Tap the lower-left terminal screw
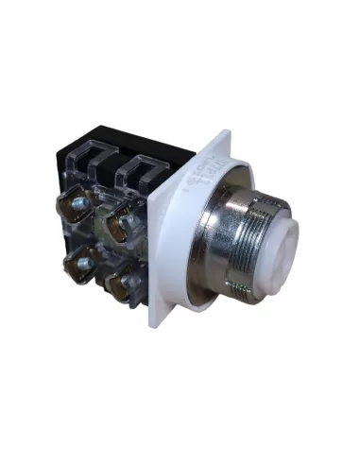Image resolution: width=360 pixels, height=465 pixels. (84, 266)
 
